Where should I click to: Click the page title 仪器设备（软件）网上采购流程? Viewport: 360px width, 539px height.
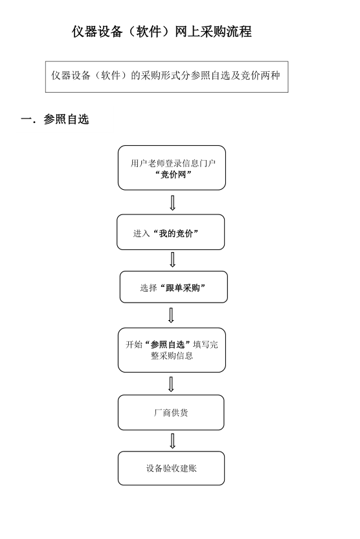pos(162,32)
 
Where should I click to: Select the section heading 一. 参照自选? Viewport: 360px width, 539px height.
pos(55,119)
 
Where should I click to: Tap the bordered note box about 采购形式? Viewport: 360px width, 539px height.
pos(166,76)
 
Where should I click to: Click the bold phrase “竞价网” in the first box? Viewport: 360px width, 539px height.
pos(173,175)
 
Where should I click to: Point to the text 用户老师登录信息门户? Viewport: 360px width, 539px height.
pos(173,163)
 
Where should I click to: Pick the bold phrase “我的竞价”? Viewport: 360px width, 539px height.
pos(175,234)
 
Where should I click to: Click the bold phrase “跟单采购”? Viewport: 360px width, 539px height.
pos(183,288)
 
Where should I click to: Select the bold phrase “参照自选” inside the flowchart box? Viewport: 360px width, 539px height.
pos(168,345)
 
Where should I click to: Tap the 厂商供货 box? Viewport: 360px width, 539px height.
pos(171,413)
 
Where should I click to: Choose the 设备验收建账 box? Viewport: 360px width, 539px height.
pos(171,468)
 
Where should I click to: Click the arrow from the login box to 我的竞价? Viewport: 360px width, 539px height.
pos(172,203)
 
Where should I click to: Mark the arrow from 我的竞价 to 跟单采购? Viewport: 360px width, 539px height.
pos(172,260)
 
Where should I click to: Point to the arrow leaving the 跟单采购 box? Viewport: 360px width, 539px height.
pos(171,315)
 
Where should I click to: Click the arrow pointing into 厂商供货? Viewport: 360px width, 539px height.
pos(171,384)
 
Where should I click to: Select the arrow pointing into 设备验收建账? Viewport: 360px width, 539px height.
pos(172,441)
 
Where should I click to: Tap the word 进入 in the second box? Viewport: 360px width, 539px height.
pos(142,234)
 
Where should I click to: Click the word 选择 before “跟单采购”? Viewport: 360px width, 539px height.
pos(148,288)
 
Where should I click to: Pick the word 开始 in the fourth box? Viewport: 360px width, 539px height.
pos(134,345)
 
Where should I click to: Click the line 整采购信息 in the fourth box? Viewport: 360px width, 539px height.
pos(172,356)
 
